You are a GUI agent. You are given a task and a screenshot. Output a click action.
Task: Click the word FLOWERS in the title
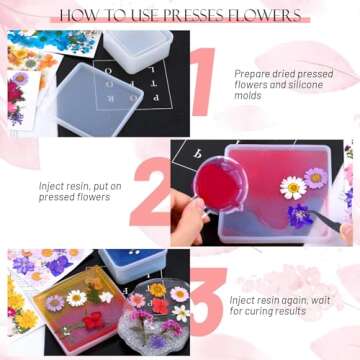pyautogui.click(x=262, y=16)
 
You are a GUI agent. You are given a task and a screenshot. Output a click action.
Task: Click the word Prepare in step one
pyautogui.click(x=253, y=73)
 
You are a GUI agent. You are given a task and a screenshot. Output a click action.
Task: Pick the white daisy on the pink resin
pyautogui.click(x=292, y=187)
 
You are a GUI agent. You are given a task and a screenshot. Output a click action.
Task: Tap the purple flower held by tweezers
pyautogui.click(x=299, y=214)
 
